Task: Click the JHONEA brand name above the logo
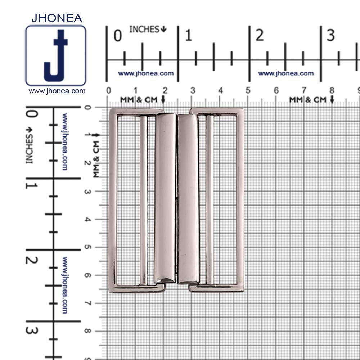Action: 57,18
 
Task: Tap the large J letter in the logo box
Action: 56,55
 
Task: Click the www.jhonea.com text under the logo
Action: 57,91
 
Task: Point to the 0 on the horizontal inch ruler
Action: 118,36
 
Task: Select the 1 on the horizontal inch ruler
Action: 189,35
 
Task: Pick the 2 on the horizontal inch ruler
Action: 260,35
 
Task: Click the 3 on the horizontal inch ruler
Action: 330,35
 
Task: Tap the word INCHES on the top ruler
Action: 144,29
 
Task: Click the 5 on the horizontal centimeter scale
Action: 248,90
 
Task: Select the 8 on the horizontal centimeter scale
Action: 332,90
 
